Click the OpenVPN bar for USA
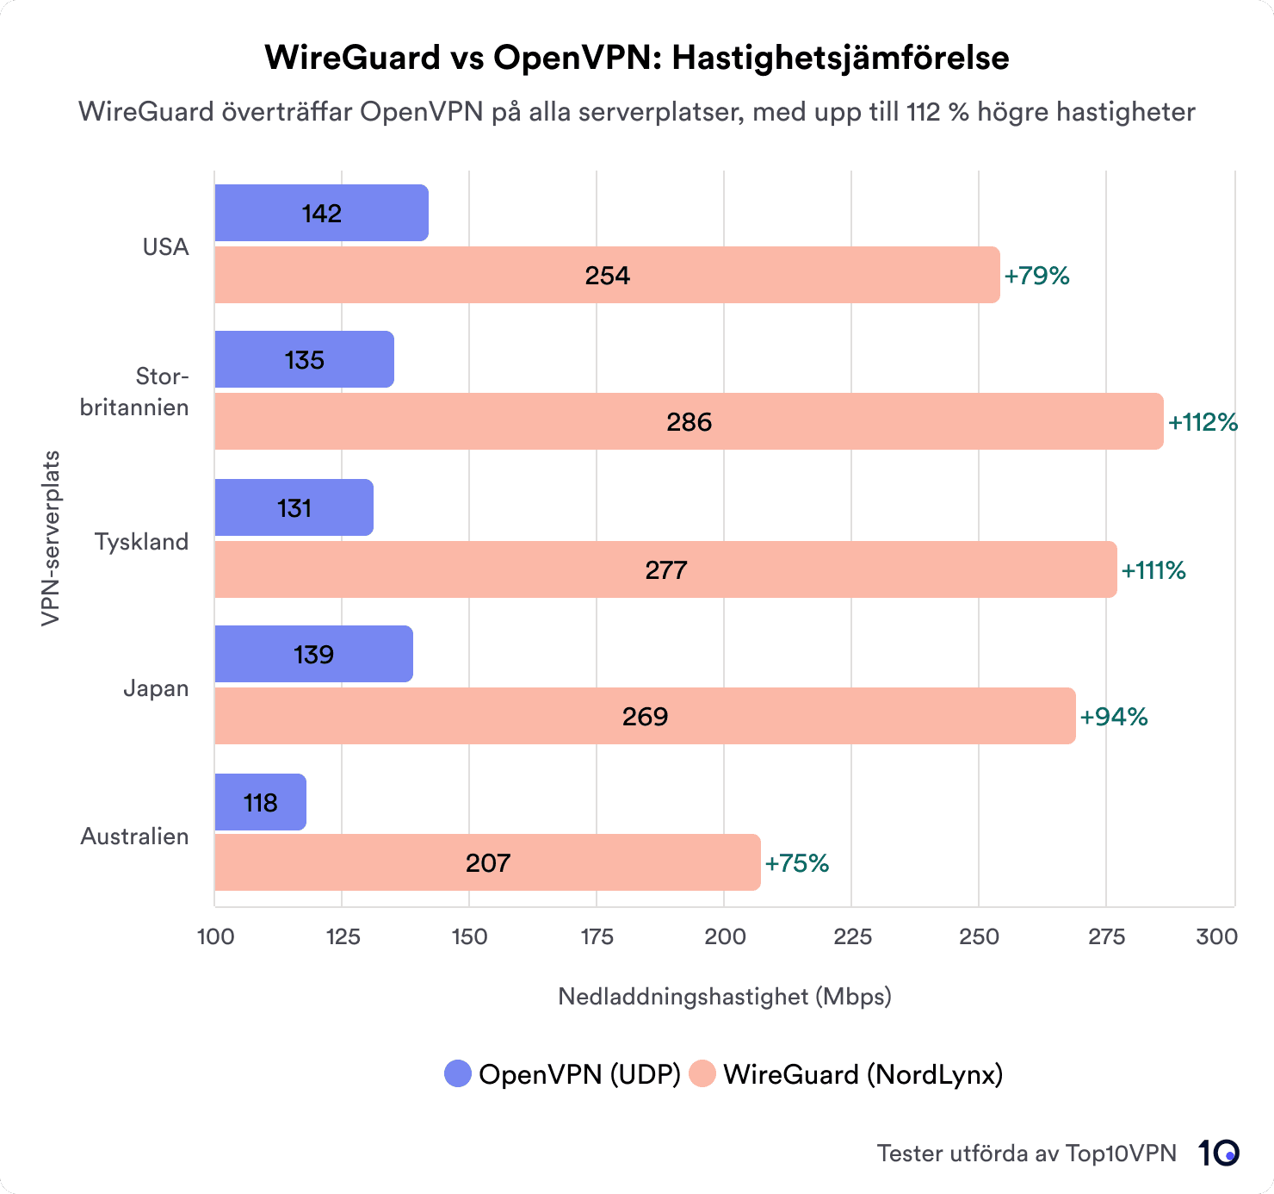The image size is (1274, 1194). click(321, 213)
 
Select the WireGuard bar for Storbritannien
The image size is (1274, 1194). click(689, 421)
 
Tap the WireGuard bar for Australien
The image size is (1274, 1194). click(487, 862)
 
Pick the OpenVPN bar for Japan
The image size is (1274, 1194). click(313, 654)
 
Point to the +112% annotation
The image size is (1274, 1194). click(1203, 422)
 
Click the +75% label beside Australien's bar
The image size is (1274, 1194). click(796, 863)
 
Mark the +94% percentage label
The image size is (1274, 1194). click(1114, 717)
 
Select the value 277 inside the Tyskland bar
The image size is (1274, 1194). click(666, 570)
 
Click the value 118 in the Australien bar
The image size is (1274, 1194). click(260, 803)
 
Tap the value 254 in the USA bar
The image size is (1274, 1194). click(608, 276)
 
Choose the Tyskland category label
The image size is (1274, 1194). click(141, 542)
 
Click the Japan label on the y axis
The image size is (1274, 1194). click(156, 688)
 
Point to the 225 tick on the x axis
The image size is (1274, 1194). click(852, 936)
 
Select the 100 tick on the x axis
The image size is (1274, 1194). click(215, 936)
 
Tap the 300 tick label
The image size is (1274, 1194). click(1216, 936)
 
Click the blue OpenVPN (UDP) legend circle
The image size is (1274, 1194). click(458, 1074)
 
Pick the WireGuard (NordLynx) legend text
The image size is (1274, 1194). click(863, 1074)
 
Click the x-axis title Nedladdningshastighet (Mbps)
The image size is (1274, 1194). click(725, 997)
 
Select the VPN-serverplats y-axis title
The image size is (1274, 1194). click(51, 538)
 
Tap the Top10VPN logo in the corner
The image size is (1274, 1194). click(1218, 1153)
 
